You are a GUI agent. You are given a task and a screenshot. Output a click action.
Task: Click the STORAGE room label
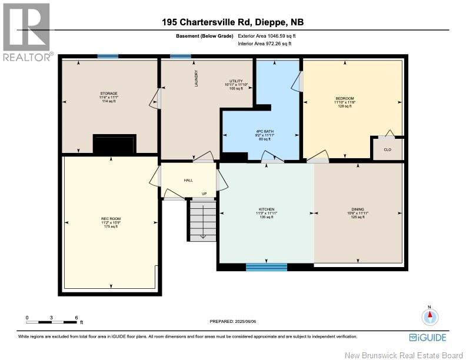[x=108, y=94]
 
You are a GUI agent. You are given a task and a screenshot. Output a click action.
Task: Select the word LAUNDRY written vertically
[x=197, y=79]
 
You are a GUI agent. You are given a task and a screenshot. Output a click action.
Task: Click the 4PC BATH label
[x=266, y=131]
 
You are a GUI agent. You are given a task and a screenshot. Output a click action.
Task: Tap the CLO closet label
[x=387, y=149]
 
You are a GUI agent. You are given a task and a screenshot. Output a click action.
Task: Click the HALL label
[x=188, y=181]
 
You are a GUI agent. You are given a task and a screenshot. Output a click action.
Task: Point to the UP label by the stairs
[x=204, y=194]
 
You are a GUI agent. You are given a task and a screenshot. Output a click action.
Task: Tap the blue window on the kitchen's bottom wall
[x=266, y=267]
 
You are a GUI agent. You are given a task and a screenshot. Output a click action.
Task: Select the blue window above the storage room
[x=107, y=56]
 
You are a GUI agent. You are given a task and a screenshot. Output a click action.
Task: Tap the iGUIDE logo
[x=427, y=337]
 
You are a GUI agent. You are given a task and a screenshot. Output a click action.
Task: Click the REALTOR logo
[x=27, y=32]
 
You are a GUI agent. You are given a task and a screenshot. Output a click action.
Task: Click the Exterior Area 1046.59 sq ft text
[x=265, y=36]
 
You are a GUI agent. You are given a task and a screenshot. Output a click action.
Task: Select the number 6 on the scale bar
[x=76, y=318]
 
